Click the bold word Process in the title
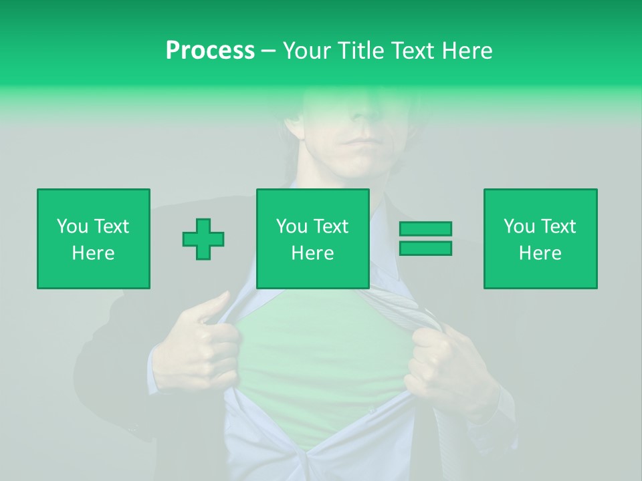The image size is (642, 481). tap(210, 51)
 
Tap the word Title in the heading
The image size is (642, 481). tap(362, 51)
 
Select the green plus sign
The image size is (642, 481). tap(203, 239)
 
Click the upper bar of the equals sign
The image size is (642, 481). tap(425, 228)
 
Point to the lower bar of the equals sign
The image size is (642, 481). tap(425, 248)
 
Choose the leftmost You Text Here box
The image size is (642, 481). tap(93, 239)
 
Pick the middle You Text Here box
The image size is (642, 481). tap(312, 239)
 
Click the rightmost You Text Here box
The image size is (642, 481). tap(540, 239)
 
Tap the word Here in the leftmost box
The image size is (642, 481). tap(93, 253)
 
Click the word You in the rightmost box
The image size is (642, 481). tap(519, 226)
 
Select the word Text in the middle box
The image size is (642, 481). tap(331, 226)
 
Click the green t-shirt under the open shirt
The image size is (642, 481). tap(321, 374)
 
